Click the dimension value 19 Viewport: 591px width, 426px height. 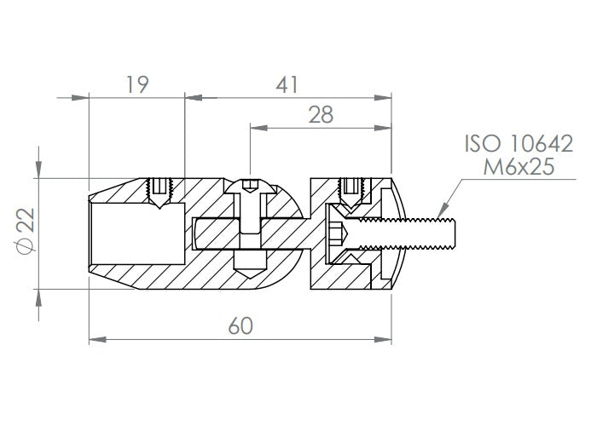coord(137,84)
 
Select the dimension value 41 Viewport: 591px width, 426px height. coord(287,84)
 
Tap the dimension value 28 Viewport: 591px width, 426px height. coord(321,114)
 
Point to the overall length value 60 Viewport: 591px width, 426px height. coord(240,325)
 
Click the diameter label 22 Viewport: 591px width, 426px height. coord(26,221)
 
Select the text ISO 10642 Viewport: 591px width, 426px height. coord(519,143)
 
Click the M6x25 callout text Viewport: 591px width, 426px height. coord(519,166)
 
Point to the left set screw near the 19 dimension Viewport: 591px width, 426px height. coord(159,192)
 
